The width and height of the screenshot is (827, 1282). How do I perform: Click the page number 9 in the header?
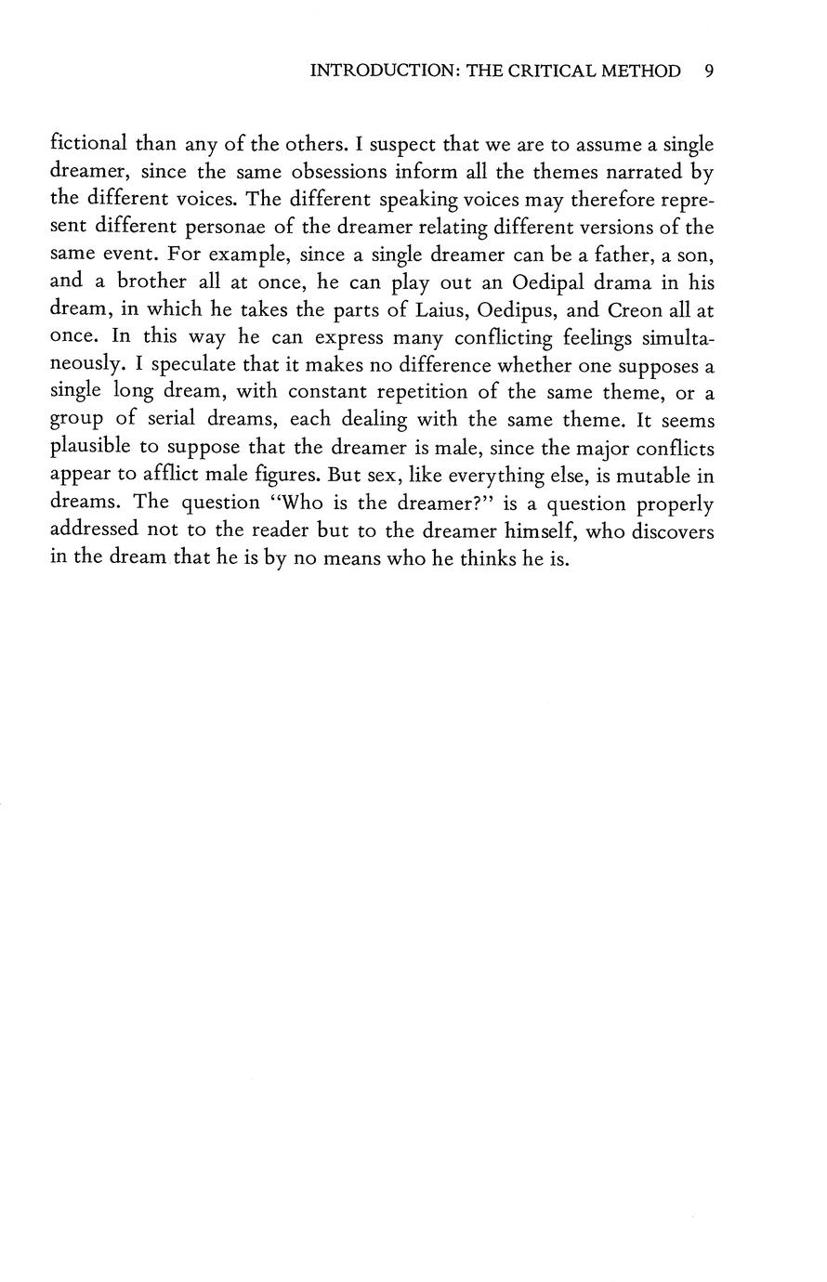point(709,72)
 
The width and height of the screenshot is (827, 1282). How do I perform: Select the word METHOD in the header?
point(641,72)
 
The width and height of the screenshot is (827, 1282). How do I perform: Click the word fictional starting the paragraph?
point(88,144)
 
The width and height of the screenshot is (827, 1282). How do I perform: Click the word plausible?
point(90,450)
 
